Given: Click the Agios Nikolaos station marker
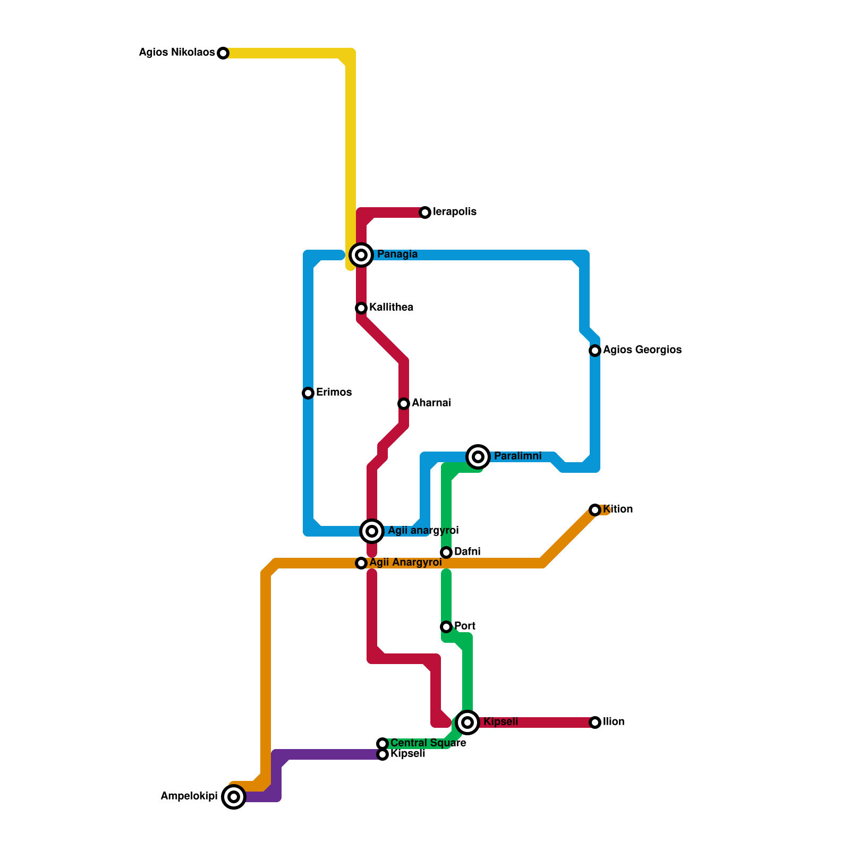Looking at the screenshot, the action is [223, 53].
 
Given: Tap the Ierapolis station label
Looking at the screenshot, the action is [454, 212].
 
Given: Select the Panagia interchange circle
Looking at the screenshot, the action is [361, 255].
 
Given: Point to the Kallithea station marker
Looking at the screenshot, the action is [361, 308].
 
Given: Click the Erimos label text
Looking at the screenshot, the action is [334, 393].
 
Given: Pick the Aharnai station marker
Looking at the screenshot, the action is [404, 404].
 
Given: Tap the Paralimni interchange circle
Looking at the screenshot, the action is [478, 456].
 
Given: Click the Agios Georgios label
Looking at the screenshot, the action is [642, 350].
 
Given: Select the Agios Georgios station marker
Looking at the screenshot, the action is [595, 351].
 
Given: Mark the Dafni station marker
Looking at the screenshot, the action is [446, 552].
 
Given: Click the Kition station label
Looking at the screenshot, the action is [618, 509].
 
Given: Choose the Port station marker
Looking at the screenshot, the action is [446, 627].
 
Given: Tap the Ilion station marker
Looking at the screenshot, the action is [595, 722].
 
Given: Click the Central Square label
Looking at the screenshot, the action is [428, 743].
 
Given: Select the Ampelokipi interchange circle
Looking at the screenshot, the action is [234, 797].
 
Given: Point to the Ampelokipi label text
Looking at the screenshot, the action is [189, 796].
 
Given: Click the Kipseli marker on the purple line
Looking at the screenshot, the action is [382, 754].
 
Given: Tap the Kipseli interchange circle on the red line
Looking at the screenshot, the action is [467, 722].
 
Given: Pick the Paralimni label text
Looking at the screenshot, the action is [517, 456].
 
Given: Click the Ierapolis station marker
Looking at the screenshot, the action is [425, 212].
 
